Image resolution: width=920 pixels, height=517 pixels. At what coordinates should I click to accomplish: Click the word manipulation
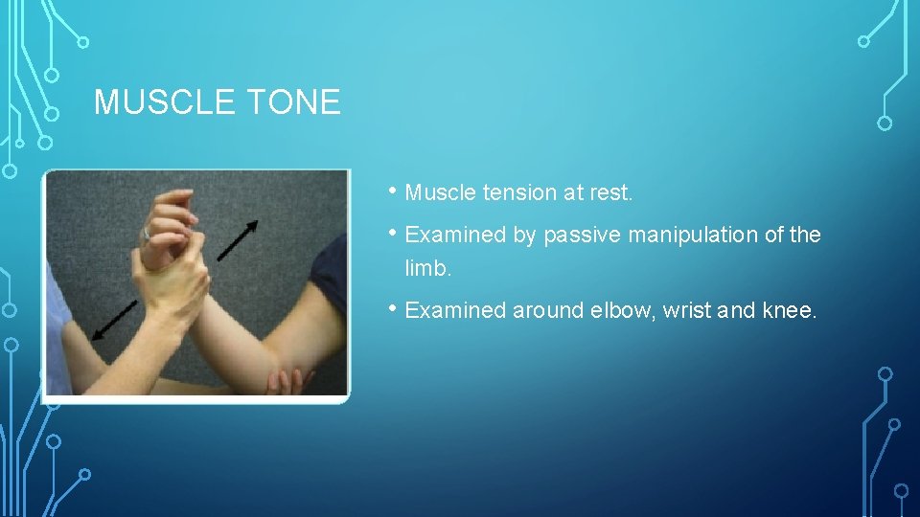click(x=694, y=236)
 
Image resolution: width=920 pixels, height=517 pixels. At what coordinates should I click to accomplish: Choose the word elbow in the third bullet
click(x=625, y=310)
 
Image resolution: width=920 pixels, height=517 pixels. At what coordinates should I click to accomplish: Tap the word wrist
click(x=704, y=310)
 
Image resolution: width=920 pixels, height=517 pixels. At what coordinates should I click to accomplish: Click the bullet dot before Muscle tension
click(x=394, y=191)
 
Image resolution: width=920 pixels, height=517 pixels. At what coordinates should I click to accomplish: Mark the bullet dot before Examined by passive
click(x=394, y=233)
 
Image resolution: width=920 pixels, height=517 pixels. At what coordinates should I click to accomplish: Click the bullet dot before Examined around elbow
click(x=394, y=307)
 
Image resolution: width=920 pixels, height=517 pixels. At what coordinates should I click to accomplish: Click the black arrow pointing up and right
click(x=237, y=240)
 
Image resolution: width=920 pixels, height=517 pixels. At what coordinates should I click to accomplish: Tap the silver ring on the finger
click(x=147, y=233)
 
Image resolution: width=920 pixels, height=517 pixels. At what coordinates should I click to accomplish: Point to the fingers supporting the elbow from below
click(x=282, y=382)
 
